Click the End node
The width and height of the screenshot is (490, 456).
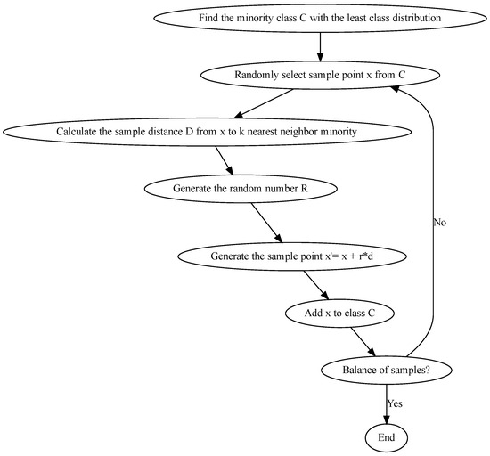(386, 436)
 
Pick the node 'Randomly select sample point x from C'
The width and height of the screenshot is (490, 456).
(320, 74)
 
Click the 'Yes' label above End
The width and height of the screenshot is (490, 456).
(395, 403)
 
